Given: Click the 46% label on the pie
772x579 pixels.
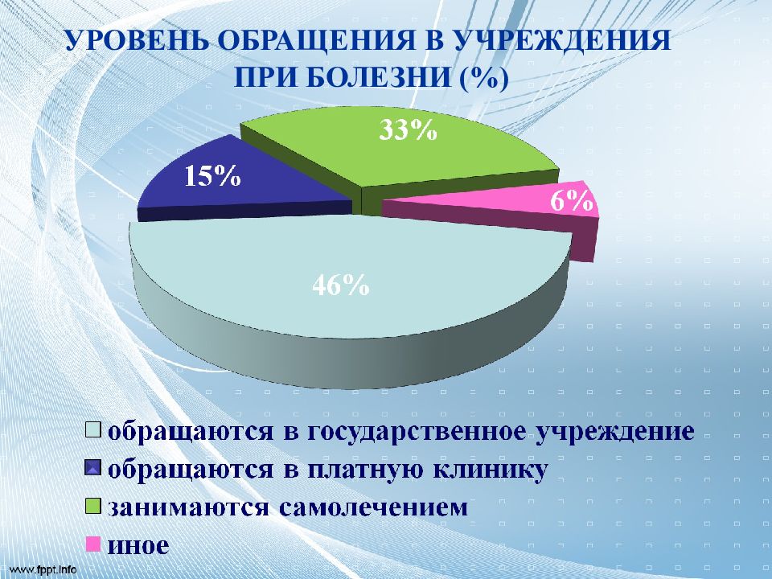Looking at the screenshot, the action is [x=341, y=284].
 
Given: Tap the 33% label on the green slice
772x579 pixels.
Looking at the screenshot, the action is [x=408, y=130].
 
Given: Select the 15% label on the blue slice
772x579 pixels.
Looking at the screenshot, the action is [x=212, y=175].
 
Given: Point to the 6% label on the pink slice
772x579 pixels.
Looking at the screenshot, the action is [x=571, y=200].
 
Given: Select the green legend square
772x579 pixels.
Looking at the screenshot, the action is [x=93, y=506].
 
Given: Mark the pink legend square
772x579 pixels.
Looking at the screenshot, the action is [x=93, y=544].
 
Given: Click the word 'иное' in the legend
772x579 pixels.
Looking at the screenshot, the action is [x=138, y=545].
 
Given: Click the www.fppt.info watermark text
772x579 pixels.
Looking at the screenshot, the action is [x=39, y=569].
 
